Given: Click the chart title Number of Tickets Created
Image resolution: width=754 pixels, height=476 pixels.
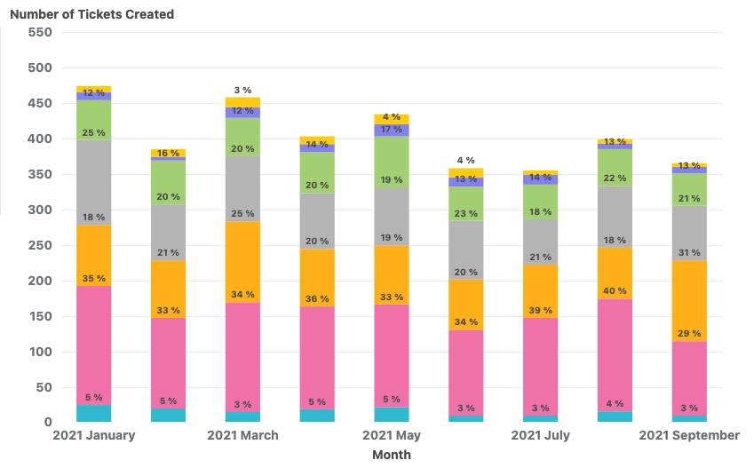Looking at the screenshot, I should point(91,14).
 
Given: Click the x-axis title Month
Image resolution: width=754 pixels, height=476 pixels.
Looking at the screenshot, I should point(391,455).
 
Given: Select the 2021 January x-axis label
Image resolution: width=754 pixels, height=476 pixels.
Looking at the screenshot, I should point(94,435).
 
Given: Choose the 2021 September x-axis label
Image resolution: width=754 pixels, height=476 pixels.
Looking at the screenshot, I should point(689,435).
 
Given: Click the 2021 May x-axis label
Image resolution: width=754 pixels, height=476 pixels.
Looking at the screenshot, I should point(392,435).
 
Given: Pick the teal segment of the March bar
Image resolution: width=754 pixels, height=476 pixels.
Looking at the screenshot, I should point(242,416).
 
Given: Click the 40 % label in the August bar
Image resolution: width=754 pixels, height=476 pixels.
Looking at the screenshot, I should point(615,291).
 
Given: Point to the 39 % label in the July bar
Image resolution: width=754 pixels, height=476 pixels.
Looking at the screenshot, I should point(540,311).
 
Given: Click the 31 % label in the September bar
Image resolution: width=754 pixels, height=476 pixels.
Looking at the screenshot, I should point(689,253).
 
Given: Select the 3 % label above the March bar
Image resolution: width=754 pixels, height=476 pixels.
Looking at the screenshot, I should point(242,90).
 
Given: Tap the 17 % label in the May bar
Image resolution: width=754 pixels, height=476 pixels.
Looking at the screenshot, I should point(392,130).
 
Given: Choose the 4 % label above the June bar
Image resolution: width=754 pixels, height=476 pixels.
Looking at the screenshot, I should point(465,161).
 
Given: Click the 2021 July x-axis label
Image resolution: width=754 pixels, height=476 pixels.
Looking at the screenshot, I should point(540,435).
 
